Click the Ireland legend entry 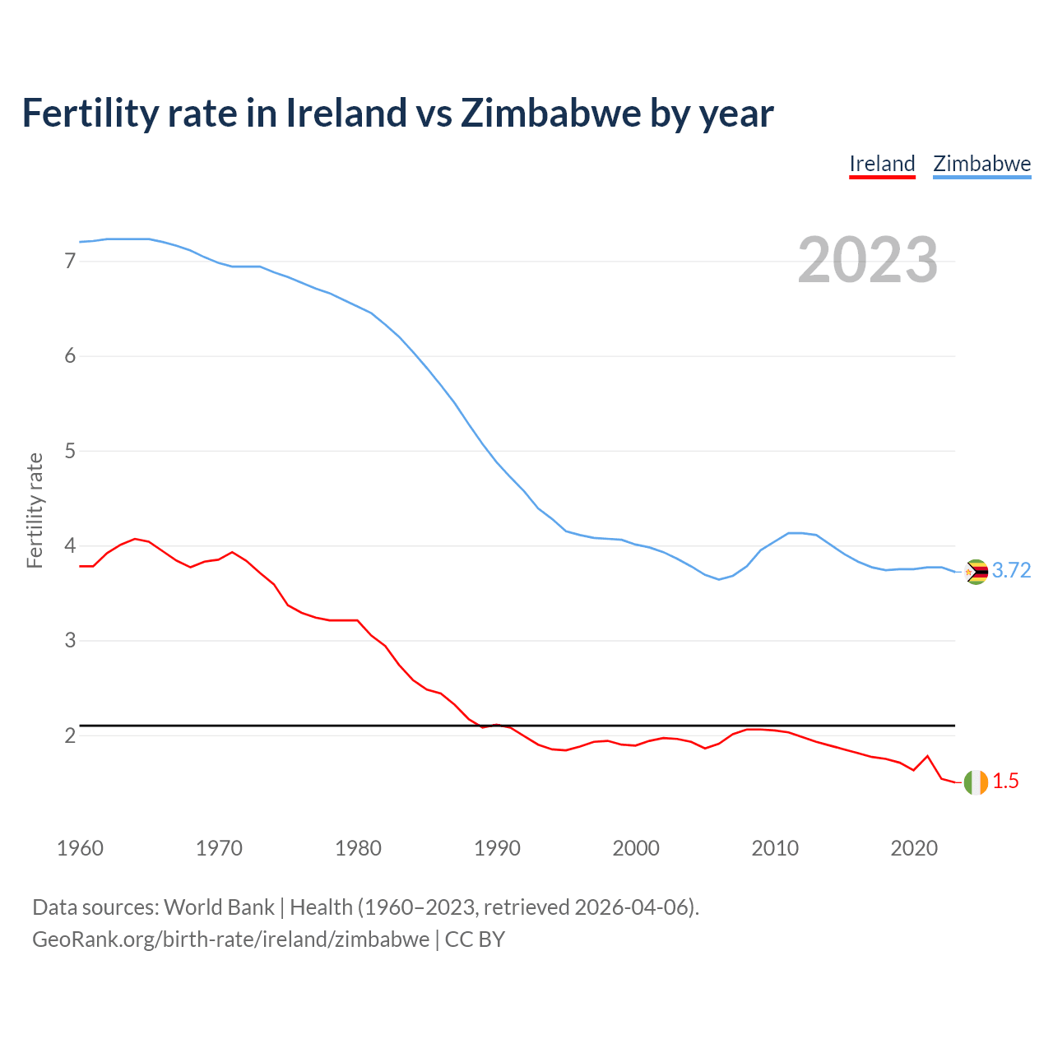tap(882, 164)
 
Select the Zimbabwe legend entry tap(981, 164)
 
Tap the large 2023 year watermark tap(867, 260)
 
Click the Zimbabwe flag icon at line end tap(976, 572)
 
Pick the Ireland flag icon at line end tap(976, 782)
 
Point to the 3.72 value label tap(1011, 571)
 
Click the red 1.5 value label tap(1005, 782)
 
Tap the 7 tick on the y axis tap(70, 262)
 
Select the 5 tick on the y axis tap(70, 451)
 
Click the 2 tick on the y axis tap(70, 735)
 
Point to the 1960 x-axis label tap(80, 848)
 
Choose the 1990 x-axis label tap(497, 848)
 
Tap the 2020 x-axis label tap(914, 848)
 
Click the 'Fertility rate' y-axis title tap(35, 510)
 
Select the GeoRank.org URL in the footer tap(230, 939)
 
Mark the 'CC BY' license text tap(475, 939)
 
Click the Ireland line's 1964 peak tap(135, 539)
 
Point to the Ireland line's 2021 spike tap(927, 755)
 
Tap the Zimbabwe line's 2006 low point tap(719, 579)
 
